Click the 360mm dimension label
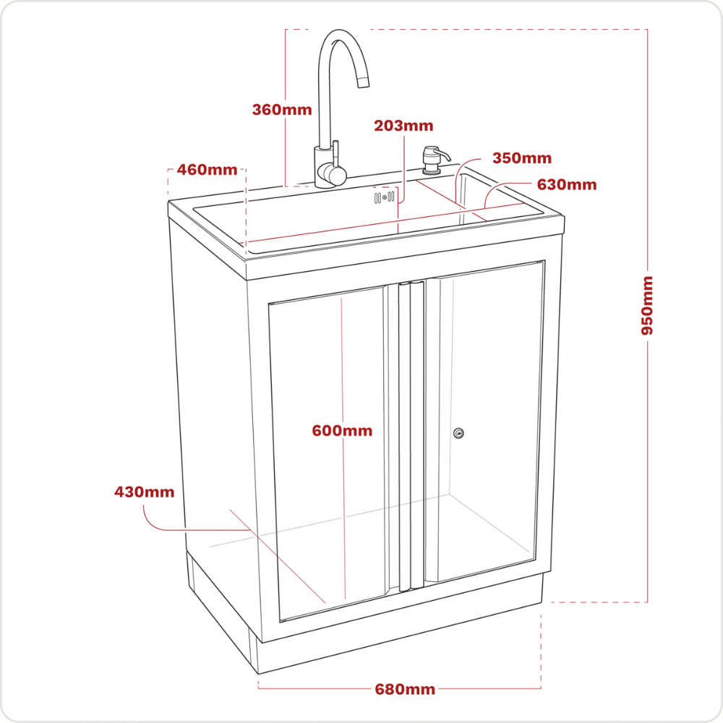[282, 110]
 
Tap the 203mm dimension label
[403, 126]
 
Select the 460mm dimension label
[208, 170]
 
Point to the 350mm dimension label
[522, 158]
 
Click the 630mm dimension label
[567, 184]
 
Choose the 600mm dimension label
[342, 431]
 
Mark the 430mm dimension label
[145, 492]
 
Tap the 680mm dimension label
[405, 689]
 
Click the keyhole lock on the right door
[458, 433]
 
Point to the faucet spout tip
[364, 82]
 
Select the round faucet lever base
[333, 174]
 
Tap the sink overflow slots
[384, 197]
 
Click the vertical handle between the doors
[406, 434]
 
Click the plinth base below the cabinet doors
[398, 629]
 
